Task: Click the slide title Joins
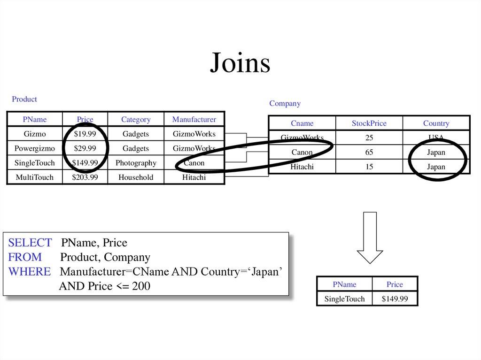[x=240, y=63]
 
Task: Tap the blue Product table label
[x=24, y=99]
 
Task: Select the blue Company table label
[x=285, y=103]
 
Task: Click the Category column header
[x=136, y=119]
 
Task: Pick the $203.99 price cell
[x=85, y=177]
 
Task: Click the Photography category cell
[x=136, y=163]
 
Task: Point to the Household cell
[x=136, y=177]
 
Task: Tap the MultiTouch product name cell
[x=35, y=177]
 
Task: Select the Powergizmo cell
[x=35, y=148]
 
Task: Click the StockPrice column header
[x=369, y=123]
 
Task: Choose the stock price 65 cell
[x=369, y=152]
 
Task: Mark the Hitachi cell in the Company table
[x=302, y=167]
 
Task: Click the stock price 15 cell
[x=369, y=167]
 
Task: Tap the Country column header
[x=436, y=123]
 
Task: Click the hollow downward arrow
[x=370, y=237]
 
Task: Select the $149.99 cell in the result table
[x=395, y=299]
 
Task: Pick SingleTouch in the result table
[x=345, y=299]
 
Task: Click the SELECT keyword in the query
[x=30, y=243]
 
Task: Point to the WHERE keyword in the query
[x=29, y=272]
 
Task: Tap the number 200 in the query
[x=141, y=286]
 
